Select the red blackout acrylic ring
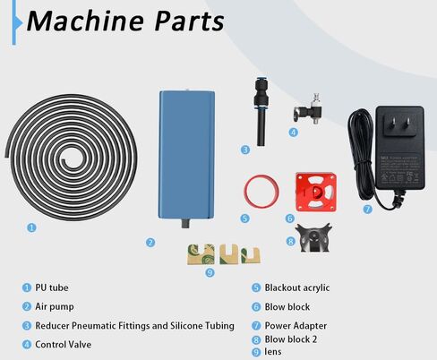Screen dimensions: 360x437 click(259, 190)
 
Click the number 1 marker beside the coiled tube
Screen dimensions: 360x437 click(31, 227)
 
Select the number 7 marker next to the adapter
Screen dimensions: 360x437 click(367, 210)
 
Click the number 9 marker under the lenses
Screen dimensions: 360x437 click(210, 272)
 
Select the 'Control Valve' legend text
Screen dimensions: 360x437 click(65, 343)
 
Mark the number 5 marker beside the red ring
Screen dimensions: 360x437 click(245, 218)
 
